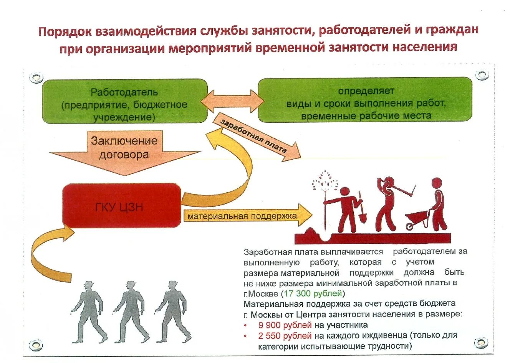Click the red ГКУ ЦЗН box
[x=121, y=206]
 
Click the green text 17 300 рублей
[x=313, y=294]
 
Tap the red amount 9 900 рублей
[x=285, y=325]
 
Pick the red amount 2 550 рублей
[x=285, y=336]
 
